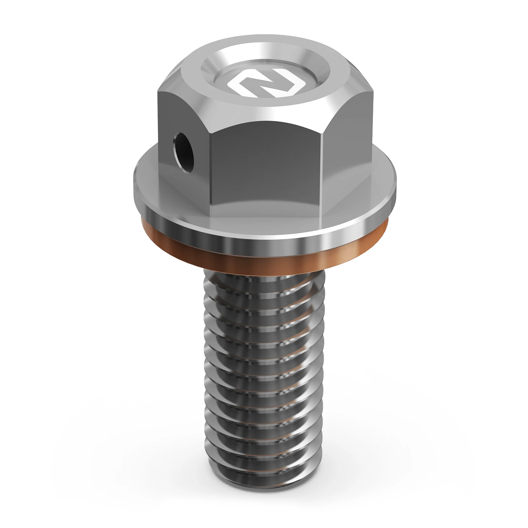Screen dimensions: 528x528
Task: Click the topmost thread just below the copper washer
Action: click(264, 280)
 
